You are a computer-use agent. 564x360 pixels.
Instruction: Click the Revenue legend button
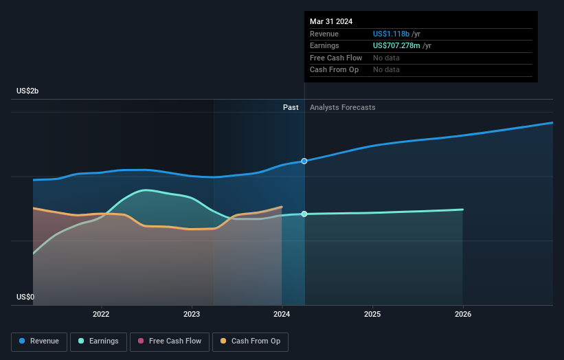[x=39, y=341]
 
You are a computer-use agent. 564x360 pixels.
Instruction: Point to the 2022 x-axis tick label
[x=101, y=314]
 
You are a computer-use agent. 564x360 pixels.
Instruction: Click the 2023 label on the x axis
[x=192, y=314]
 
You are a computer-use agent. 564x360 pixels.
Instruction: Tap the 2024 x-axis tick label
[x=282, y=314]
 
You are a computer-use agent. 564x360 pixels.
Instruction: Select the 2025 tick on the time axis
[x=372, y=314]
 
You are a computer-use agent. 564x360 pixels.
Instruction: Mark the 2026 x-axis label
[x=463, y=314]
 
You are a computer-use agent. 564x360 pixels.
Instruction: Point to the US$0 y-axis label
[x=25, y=297]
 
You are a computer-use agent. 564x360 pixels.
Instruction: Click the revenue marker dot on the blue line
[x=304, y=161]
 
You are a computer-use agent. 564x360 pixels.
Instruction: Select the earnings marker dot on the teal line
[x=304, y=214]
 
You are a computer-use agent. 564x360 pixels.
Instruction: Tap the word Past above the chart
[x=291, y=107]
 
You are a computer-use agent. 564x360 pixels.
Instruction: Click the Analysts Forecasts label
[x=343, y=107]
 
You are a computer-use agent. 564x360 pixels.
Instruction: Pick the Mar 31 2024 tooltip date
[x=331, y=21]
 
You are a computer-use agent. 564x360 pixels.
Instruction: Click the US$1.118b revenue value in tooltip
[x=392, y=34]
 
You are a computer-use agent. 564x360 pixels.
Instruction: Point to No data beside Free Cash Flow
[x=386, y=58]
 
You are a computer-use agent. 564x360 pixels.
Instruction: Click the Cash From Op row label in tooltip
[x=335, y=69]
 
